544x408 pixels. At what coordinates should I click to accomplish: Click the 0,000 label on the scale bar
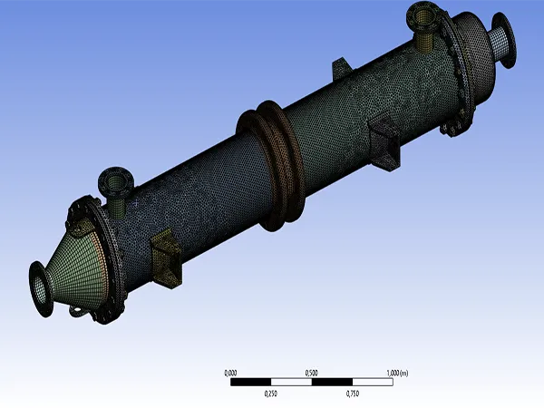click(x=230, y=373)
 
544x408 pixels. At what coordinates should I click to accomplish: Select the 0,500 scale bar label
click(x=311, y=373)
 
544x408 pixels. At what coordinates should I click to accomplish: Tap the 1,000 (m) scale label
click(x=397, y=373)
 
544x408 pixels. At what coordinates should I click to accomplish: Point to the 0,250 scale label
click(x=271, y=393)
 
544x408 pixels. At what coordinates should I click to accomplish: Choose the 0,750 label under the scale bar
click(x=353, y=393)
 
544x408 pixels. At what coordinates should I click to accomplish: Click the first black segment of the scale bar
click(x=251, y=382)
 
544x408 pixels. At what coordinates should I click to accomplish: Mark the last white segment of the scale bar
click(x=372, y=382)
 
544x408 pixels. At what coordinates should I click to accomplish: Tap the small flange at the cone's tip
click(x=39, y=288)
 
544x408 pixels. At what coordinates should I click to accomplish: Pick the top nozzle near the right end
click(x=424, y=26)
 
